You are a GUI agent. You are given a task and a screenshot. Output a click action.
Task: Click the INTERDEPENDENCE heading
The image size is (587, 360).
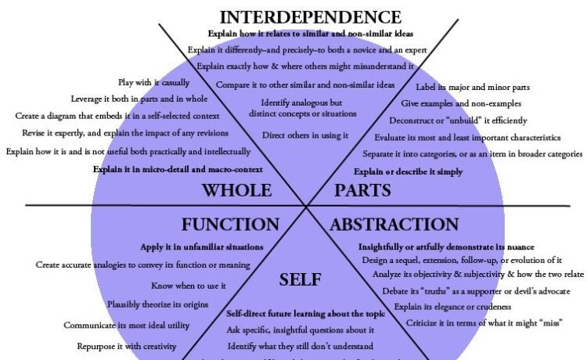pos(311,16)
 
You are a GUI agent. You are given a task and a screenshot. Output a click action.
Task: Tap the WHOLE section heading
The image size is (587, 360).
pos(236,190)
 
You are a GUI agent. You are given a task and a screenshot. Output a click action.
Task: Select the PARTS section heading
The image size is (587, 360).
pos(363,190)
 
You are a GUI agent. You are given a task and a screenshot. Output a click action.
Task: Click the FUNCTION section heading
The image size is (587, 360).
pos(230,225)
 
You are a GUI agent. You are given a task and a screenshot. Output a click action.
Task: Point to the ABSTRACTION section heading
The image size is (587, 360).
pos(394,225)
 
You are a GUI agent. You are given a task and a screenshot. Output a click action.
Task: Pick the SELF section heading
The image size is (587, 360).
pos(300,279)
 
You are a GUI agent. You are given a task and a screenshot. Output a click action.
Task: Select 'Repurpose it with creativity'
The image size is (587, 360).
pos(126,346)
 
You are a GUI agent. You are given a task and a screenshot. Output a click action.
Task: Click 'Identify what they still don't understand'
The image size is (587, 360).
pos(300,345)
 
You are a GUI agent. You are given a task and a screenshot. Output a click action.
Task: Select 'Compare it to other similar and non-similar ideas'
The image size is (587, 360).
pos(305,84)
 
